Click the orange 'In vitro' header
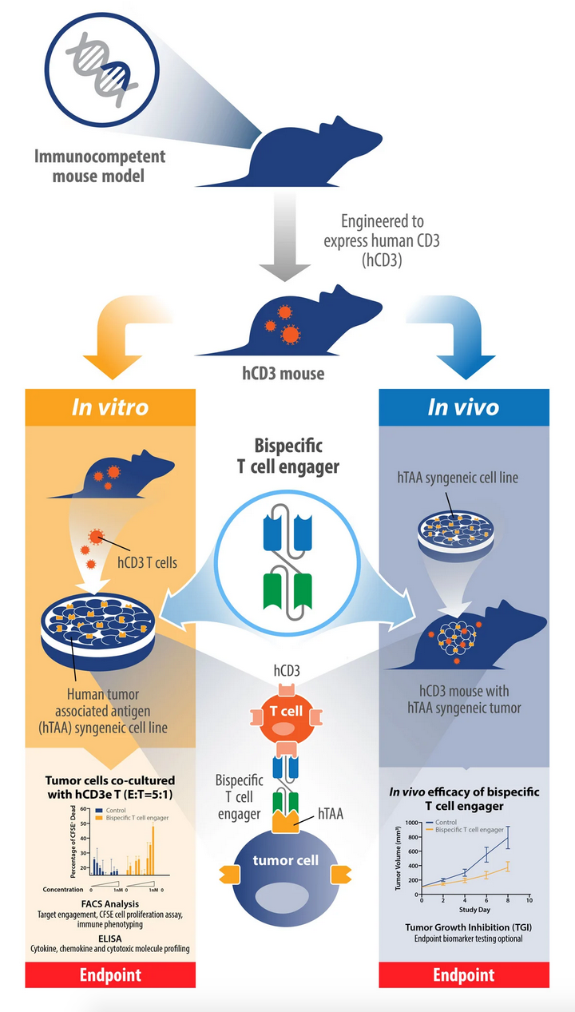(110, 407)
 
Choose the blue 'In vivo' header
(463, 407)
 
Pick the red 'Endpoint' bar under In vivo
(463, 974)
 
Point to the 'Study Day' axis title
(474, 909)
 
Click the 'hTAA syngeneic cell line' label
(458, 478)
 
